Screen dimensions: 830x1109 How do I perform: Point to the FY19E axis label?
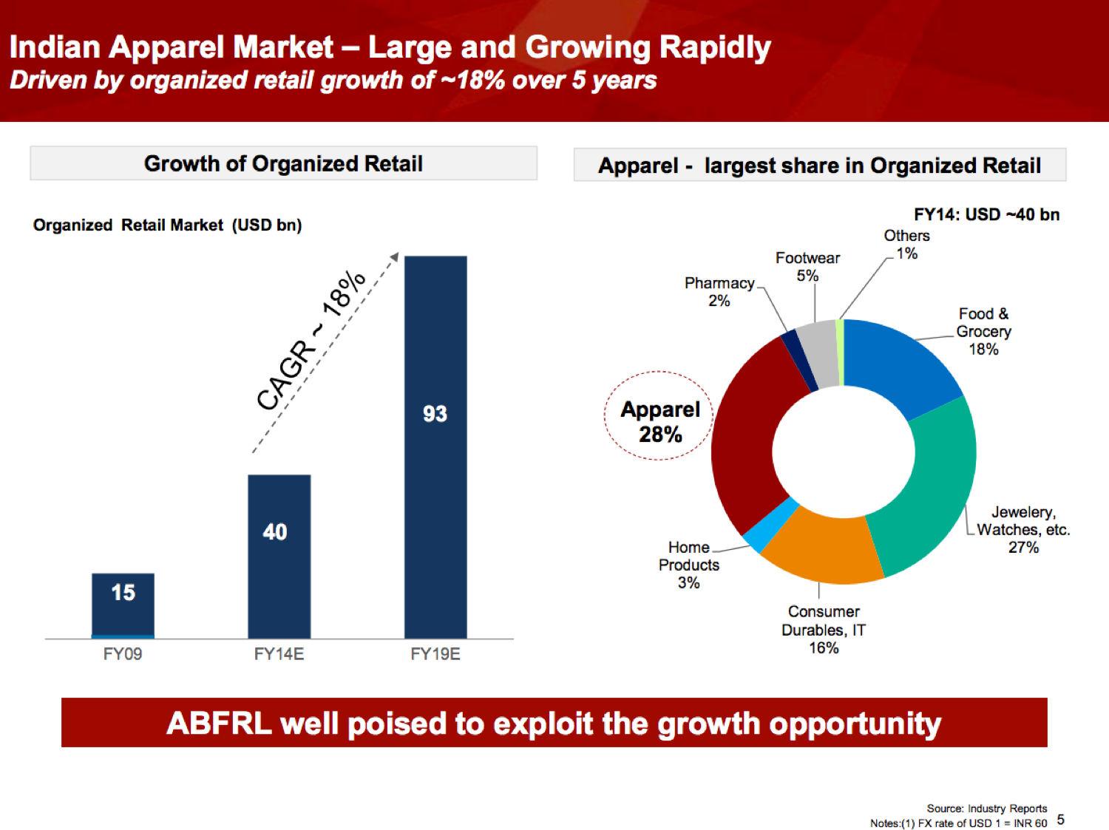[435, 654]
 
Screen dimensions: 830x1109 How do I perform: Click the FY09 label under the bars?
[123, 654]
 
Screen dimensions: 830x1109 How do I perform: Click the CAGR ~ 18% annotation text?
[311, 340]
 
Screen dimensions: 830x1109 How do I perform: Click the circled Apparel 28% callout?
[659, 421]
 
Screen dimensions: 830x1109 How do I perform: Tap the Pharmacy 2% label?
[719, 292]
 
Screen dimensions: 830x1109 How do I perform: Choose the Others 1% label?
[906, 245]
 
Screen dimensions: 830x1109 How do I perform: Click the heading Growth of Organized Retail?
[283, 163]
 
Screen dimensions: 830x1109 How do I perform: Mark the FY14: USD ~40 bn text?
[986, 214]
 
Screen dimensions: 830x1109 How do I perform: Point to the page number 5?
[1061, 819]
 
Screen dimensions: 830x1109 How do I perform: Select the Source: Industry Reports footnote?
[986, 809]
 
